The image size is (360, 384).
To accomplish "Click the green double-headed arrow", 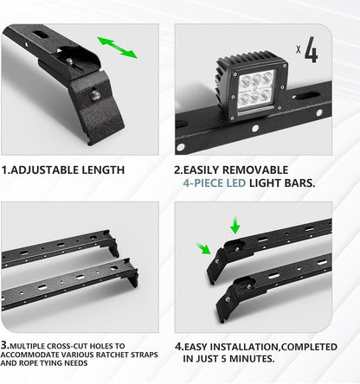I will pyautogui.click(x=117, y=48).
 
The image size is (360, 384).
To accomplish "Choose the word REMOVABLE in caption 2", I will pyautogui.click(x=274, y=170).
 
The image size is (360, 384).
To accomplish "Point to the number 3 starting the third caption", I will pyautogui.click(x=6, y=345).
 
